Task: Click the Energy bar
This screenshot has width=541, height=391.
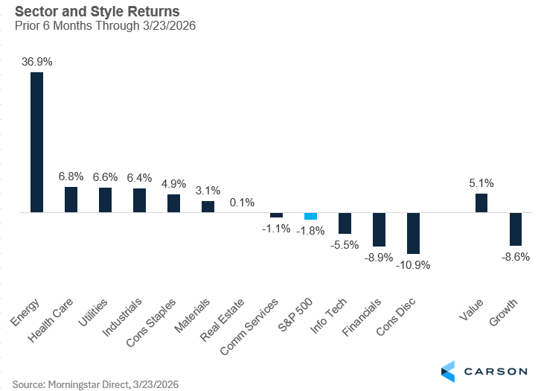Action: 36,142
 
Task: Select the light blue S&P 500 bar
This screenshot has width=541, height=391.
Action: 310,216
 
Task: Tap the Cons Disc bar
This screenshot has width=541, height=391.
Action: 414,233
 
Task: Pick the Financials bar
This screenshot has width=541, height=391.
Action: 380,229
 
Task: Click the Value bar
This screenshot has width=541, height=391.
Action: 481,203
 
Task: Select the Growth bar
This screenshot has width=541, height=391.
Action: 516,229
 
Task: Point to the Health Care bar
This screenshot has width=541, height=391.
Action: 71,200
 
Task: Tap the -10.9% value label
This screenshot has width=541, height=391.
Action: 414,264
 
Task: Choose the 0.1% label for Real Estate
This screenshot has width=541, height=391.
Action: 243,203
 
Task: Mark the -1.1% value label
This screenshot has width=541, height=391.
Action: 275,229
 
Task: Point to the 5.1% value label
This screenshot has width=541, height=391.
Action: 481,183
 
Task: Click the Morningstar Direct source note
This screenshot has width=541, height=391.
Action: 96,384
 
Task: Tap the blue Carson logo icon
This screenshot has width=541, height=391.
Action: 448,370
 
